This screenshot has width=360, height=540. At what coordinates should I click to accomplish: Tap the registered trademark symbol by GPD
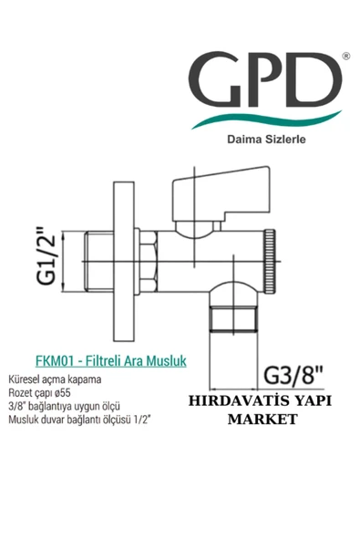click(x=344, y=57)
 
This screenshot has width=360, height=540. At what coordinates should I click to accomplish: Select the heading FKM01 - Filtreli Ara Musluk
click(x=110, y=360)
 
